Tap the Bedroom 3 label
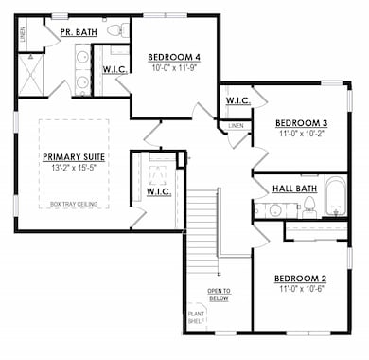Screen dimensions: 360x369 pyautogui.click(x=301, y=123)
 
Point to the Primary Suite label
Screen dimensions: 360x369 pyautogui.click(x=73, y=157)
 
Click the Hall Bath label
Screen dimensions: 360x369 pyautogui.click(x=294, y=189)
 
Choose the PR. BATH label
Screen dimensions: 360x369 pyautogui.click(x=79, y=32)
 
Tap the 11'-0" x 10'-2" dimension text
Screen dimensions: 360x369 pyautogui.click(x=301, y=135)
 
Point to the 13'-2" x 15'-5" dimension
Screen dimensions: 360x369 pyautogui.click(x=73, y=169)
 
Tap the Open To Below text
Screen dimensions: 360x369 pyautogui.click(x=220, y=294)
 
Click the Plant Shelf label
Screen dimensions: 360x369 pyautogui.click(x=196, y=317)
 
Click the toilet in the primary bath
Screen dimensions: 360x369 pyautogui.click(x=116, y=31)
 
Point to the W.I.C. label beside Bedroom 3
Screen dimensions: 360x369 pyautogui.click(x=237, y=101)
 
